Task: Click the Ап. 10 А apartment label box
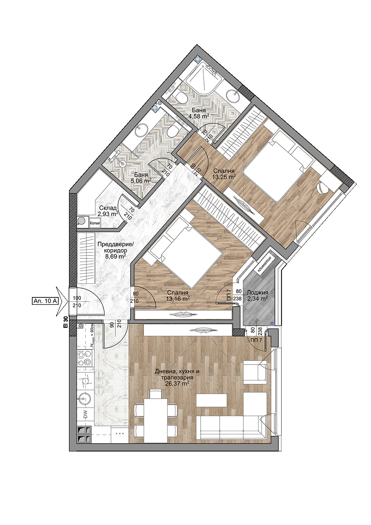pyautogui.click(x=45, y=301)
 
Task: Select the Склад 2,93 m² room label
pyautogui.click(x=108, y=211)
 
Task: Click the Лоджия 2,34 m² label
pyautogui.click(x=257, y=296)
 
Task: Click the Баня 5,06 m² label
pyautogui.click(x=141, y=177)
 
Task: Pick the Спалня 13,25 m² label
pyautogui.click(x=224, y=174)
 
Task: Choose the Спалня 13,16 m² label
pyautogui.click(x=178, y=296)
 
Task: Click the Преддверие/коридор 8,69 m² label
pyautogui.click(x=115, y=250)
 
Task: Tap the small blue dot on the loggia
pyautogui.click(x=272, y=323)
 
